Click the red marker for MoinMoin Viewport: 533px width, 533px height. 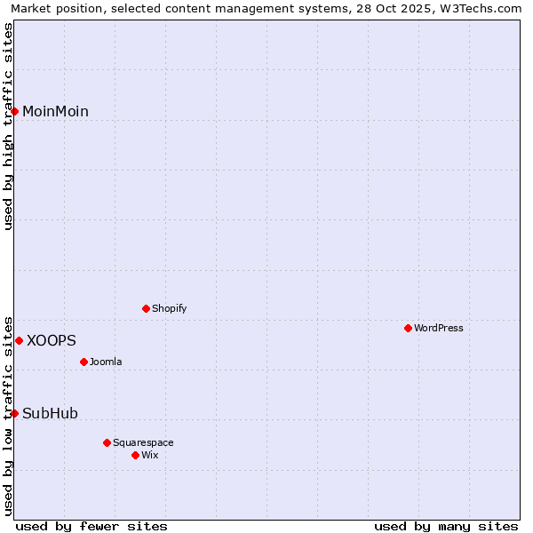click(x=15, y=111)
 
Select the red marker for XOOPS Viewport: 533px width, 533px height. click(x=19, y=340)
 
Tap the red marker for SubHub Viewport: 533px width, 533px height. click(x=15, y=413)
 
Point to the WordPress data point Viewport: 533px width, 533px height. click(x=408, y=328)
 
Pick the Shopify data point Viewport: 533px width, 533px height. click(x=146, y=308)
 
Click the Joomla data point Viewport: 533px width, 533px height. click(x=84, y=362)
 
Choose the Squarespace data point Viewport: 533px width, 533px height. click(x=107, y=442)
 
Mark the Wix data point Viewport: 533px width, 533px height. click(x=135, y=455)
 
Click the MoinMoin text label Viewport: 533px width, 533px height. click(x=55, y=111)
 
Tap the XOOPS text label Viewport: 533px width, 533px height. click(x=52, y=340)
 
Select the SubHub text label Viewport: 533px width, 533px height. click(x=50, y=413)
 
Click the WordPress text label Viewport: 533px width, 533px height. click(x=439, y=328)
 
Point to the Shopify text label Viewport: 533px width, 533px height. click(x=169, y=308)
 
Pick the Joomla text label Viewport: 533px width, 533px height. click(x=106, y=362)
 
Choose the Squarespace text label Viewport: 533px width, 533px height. click(x=143, y=442)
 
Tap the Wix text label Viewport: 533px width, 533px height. click(x=149, y=455)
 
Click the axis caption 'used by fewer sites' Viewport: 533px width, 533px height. click(x=91, y=526)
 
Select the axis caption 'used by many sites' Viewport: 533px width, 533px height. click(x=446, y=526)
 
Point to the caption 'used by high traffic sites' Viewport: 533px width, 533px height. click(x=8, y=126)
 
